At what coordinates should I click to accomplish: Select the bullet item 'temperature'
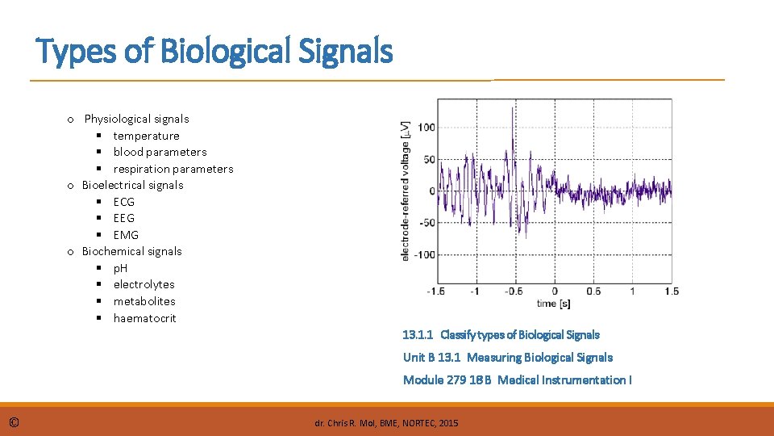tap(146, 136)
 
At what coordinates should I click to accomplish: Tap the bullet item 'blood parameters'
tap(160, 152)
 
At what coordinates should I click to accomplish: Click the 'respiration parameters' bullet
tap(173, 169)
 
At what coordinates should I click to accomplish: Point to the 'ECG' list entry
tap(124, 202)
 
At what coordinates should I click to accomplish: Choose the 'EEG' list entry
tap(124, 218)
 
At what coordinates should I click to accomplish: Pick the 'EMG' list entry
tap(126, 235)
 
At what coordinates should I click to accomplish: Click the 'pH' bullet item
tap(120, 267)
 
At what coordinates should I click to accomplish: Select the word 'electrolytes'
tap(144, 284)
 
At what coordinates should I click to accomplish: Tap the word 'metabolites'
tap(144, 301)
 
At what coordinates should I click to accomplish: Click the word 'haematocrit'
tap(144, 318)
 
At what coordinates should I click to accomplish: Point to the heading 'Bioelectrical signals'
tap(132, 185)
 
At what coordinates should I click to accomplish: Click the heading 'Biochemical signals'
tap(131, 251)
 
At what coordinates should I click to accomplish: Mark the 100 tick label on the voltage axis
tap(427, 128)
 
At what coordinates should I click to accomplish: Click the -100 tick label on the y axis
tap(424, 254)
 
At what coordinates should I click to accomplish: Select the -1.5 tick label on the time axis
tap(436, 291)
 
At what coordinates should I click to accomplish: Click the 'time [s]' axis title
tap(554, 304)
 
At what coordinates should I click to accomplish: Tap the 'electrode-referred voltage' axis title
tap(406, 191)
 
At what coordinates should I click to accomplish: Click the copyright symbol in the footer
tap(15, 422)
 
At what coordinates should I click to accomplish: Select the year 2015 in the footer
tap(447, 423)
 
